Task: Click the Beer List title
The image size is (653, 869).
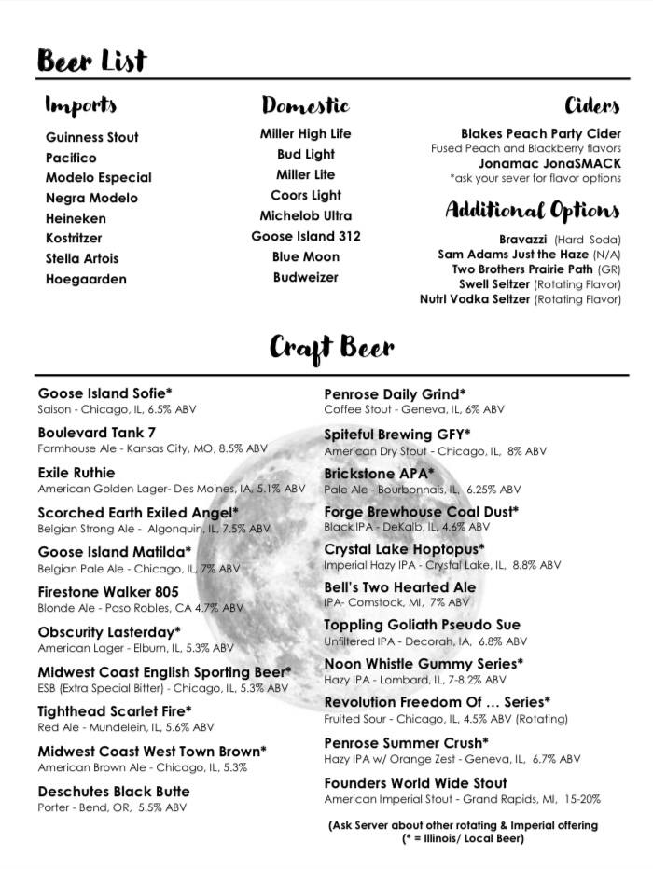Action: (91, 61)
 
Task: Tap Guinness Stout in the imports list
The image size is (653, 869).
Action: (92, 137)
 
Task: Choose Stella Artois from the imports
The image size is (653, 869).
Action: (82, 258)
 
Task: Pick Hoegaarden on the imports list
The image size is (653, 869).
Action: (86, 279)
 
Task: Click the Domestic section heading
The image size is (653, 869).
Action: (305, 104)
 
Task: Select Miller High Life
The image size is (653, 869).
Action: (305, 134)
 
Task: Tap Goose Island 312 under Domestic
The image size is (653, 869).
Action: (305, 236)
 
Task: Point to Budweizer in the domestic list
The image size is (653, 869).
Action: (305, 277)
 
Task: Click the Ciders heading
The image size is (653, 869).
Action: (591, 104)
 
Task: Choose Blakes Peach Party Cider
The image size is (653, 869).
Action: (541, 134)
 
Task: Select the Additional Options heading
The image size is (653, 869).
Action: (532, 209)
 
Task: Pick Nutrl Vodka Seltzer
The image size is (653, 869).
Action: (476, 299)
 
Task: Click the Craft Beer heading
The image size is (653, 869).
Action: (332, 349)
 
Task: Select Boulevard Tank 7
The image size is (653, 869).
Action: (97, 433)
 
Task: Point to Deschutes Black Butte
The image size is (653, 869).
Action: (114, 792)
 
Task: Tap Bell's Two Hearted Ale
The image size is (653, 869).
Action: (399, 587)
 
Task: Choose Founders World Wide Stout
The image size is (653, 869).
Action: (415, 783)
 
